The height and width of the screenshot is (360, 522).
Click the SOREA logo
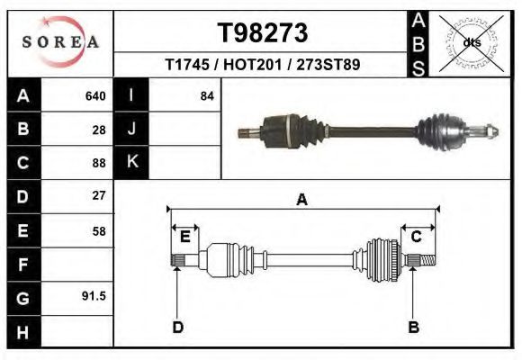point(59,42)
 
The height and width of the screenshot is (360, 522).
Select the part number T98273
point(264,33)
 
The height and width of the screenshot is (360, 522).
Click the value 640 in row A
point(95,96)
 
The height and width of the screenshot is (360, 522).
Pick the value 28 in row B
point(99,130)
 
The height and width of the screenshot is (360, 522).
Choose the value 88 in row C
point(99,163)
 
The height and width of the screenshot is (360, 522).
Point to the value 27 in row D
point(99,195)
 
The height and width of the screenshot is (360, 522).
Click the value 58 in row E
point(99,230)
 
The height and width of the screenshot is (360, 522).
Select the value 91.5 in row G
point(94,295)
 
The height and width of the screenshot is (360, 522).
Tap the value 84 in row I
point(206,96)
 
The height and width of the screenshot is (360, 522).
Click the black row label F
point(23,264)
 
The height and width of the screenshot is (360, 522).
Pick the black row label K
point(131,163)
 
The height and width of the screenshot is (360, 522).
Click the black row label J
point(131,130)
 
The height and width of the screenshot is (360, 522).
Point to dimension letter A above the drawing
point(301,200)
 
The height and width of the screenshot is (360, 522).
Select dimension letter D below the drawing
point(177,327)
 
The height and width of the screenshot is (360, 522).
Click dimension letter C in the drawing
point(417,237)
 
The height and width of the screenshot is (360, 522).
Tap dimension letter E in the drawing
point(184,237)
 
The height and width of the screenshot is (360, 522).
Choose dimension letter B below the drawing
point(413,327)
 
